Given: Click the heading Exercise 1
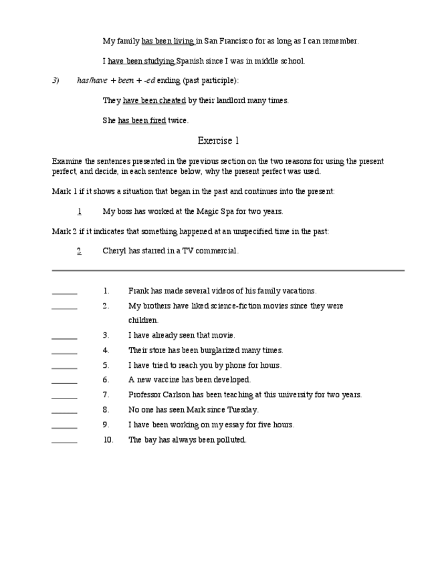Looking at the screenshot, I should (218, 141).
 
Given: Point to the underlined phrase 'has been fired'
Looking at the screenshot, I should (142, 121).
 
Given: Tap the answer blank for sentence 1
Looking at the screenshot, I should (64, 292).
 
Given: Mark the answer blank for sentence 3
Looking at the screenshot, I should (64, 336).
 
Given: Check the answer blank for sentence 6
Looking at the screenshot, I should (64, 380).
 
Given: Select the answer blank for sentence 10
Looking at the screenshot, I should (64, 441).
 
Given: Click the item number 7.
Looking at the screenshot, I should (106, 394).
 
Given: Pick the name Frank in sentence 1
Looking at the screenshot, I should (138, 291).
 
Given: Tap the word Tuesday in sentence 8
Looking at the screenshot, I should (243, 409).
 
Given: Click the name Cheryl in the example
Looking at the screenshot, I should (114, 251).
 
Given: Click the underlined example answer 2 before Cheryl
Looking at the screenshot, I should (79, 251).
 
